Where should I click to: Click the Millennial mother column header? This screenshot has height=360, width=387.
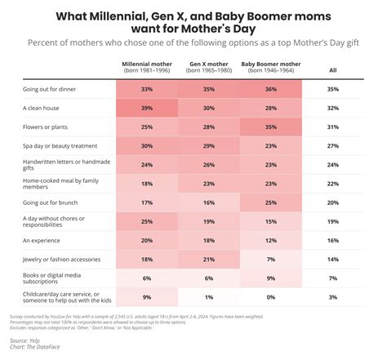pos(147,67)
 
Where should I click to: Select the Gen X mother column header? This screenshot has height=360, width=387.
pos(208,67)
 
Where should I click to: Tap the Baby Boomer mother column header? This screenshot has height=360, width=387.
pos(270,67)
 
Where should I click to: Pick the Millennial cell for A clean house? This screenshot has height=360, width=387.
pos(147,107)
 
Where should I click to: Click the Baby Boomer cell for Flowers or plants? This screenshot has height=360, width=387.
pos(270,128)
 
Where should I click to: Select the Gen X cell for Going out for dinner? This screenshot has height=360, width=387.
pos(208,88)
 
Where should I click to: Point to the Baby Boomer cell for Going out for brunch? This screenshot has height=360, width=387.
pos(270,202)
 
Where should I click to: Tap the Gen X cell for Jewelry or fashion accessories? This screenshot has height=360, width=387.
pos(208,259)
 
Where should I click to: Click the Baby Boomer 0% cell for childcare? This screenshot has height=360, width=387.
pos(270,297)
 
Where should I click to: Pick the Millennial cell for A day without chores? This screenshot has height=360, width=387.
pos(147,220)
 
